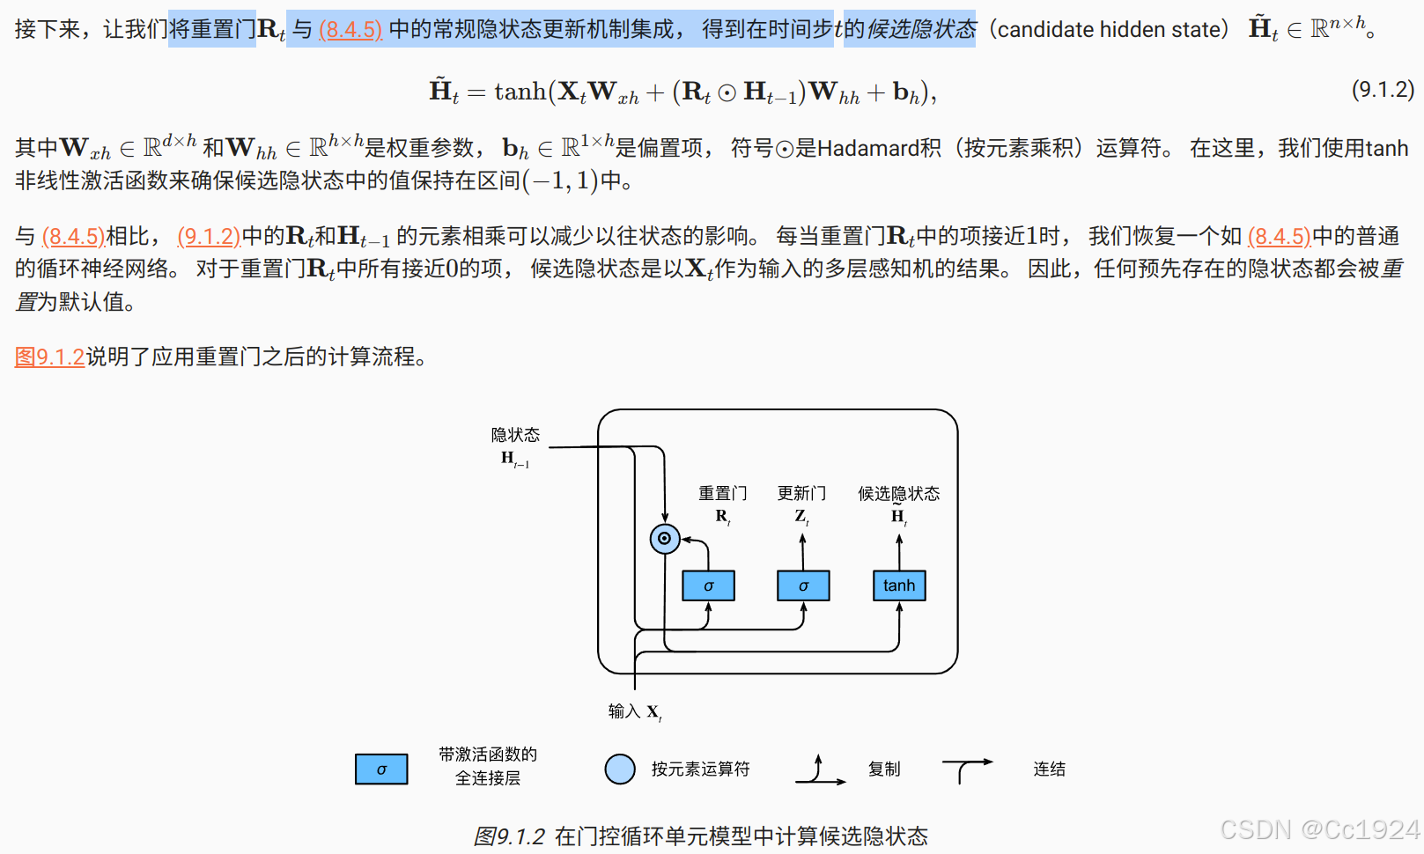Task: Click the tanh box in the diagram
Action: pos(899,585)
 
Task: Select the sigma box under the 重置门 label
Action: pos(708,585)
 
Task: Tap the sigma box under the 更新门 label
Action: pos(803,585)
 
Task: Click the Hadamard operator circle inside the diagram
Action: pos(665,538)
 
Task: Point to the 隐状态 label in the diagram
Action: pos(515,435)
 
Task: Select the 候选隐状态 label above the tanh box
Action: pos(898,493)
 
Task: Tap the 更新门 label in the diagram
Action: pos(801,493)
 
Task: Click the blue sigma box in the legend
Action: pos(381,769)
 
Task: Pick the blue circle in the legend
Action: pos(620,769)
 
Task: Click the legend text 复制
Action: pos(884,769)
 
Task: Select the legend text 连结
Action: pos(1049,769)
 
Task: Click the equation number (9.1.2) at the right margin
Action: pos(1383,89)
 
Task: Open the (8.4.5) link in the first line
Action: pos(350,30)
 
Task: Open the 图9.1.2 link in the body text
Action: pos(49,357)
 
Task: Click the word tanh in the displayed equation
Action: pos(520,92)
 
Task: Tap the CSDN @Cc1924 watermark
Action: pos(1319,829)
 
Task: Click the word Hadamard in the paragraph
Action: pos(879,148)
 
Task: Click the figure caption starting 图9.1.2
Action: pos(701,836)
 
